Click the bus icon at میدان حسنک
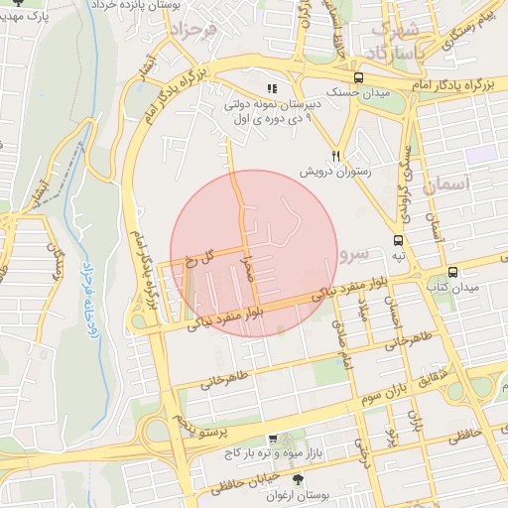coord(358,77)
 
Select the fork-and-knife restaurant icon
coord(336,156)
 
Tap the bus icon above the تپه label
coord(398,240)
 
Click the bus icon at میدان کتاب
coord(453,272)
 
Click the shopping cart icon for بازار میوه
coord(273,439)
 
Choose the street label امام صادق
coord(346,355)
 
